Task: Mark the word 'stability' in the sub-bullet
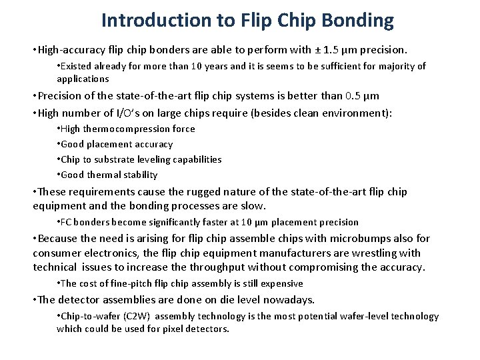click(140, 175)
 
